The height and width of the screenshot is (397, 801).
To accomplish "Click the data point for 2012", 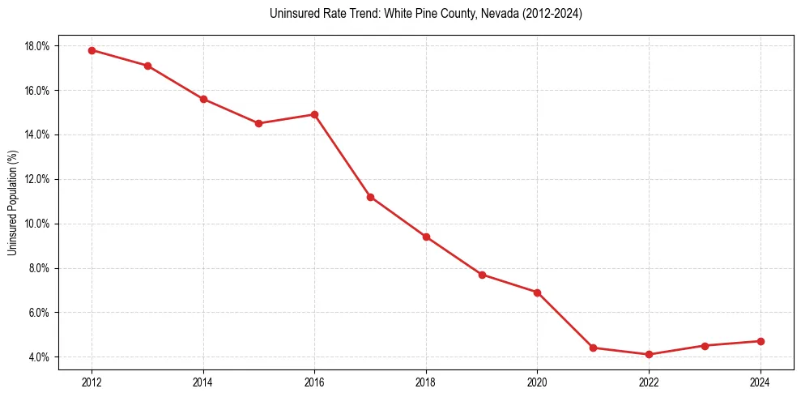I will pos(92,50).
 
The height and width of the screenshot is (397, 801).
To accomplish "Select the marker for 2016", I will pos(314,114).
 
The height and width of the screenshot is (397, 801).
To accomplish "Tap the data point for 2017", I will pos(370,197).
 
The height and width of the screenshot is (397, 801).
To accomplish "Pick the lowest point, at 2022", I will pos(649,354).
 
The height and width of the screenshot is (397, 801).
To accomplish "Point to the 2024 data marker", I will pos(761,341).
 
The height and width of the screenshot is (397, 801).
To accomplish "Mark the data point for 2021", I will pos(593,348).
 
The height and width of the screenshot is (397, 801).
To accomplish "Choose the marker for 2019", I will pos(482,275).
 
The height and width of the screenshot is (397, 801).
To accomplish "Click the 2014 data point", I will pos(203,99).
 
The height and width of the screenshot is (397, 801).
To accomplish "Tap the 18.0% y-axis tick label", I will pos(37,46).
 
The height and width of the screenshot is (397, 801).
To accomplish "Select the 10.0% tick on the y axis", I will pos(37,224).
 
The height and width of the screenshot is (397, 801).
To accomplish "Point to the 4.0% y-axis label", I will pos(39,357).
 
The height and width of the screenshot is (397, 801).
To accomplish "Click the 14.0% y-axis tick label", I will pos(37,134).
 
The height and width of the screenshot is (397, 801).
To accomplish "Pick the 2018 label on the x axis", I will pos(426,382).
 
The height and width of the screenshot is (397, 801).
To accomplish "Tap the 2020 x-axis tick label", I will pos(537,382).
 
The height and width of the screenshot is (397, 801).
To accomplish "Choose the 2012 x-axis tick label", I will pos(92,382).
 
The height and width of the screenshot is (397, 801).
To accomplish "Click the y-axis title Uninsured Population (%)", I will pos(13,202).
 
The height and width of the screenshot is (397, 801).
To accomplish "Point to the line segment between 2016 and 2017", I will pos(343,156).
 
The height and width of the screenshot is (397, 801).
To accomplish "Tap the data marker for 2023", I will pos(705,346).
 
